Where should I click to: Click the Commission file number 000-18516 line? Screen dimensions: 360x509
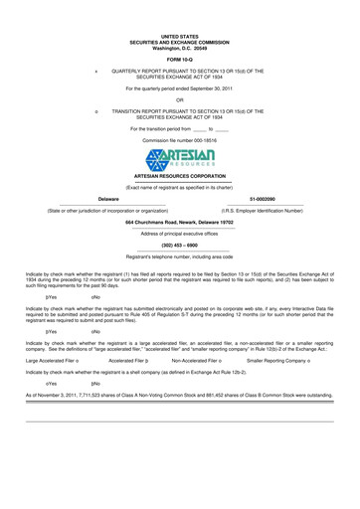click(x=179, y=141)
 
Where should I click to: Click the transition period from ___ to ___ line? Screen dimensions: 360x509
click(x=179, y=129)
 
